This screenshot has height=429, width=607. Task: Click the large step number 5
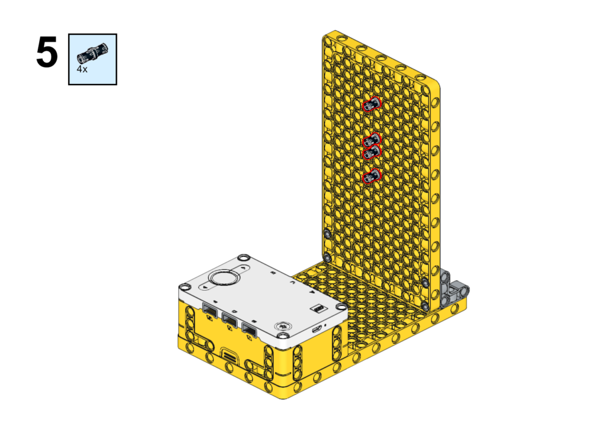pos(47,52)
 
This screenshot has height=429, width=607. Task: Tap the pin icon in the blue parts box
pos(92,53)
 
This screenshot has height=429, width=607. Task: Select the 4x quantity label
pos(82,69)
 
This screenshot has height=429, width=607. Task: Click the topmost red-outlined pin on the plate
pos(372,104)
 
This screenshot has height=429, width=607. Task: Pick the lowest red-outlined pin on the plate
pos(372,176)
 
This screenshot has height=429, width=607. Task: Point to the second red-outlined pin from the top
pos(372,140)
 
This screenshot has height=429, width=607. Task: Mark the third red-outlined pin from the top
pos(372,152)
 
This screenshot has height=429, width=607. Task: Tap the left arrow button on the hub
pos(205,287)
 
